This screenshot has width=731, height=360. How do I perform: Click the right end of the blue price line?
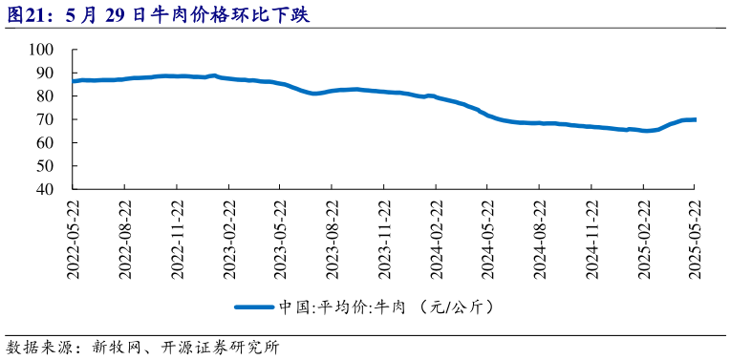point(695,119)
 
